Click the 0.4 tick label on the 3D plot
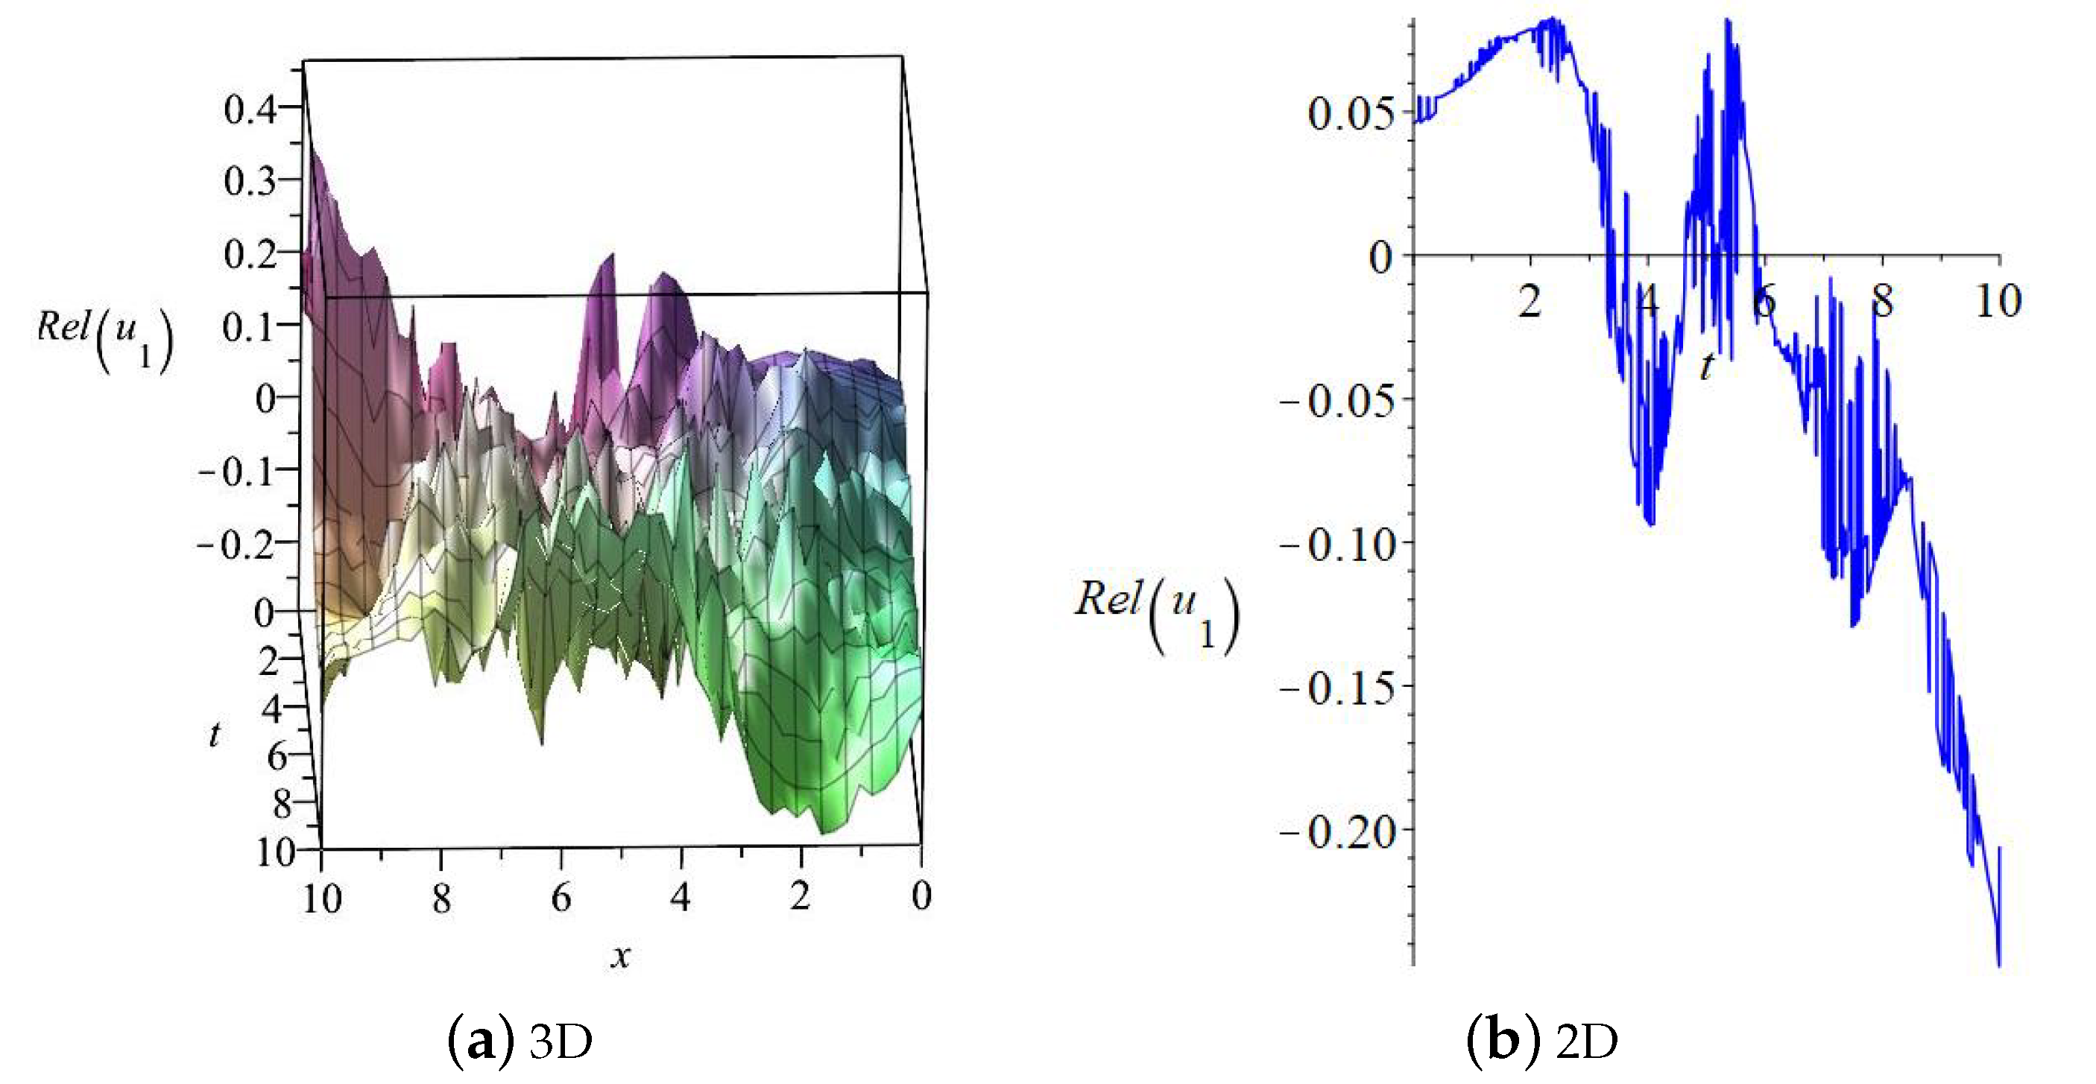(250, 109)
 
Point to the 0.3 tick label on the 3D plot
(250, 180)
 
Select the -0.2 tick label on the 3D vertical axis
(236, 543)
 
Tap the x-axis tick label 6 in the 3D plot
(561, 897)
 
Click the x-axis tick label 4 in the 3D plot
(681, 897)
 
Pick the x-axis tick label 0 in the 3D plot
(921, 896)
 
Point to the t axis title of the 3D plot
(214, 735)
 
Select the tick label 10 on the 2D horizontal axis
(1998, 302)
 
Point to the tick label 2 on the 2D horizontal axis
(1530, 302)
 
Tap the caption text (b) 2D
(1543, 1042)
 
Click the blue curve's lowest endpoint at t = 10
(1999, 966)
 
